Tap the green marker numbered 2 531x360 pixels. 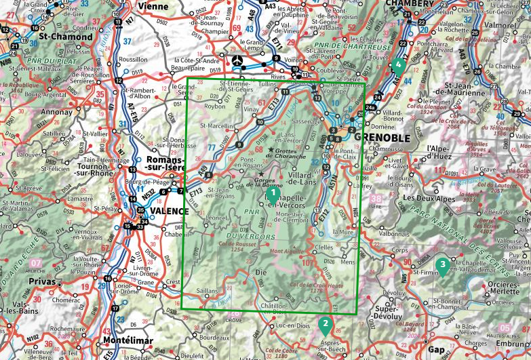pos(325,324)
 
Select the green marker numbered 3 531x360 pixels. pos(442,265)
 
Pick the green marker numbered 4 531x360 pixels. pos(398,65)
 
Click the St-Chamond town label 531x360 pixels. pos(66,37)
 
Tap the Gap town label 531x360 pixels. pos(437,350)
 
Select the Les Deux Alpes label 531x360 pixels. pos(430,198)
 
